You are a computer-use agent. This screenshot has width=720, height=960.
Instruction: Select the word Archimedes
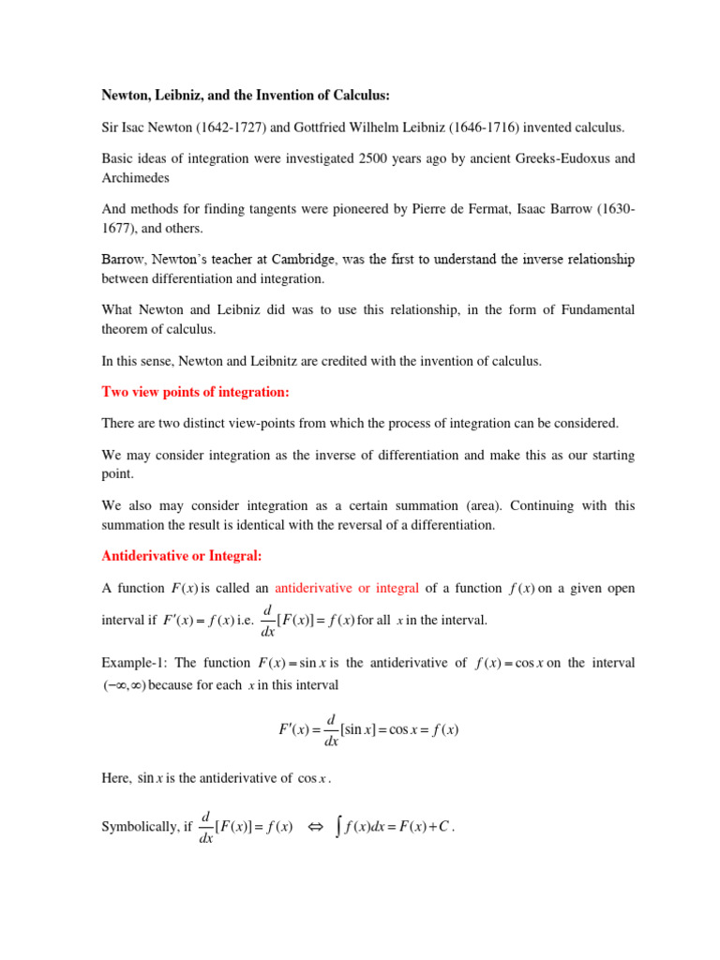(135, 177)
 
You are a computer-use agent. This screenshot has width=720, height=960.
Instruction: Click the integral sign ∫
(340, 827)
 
